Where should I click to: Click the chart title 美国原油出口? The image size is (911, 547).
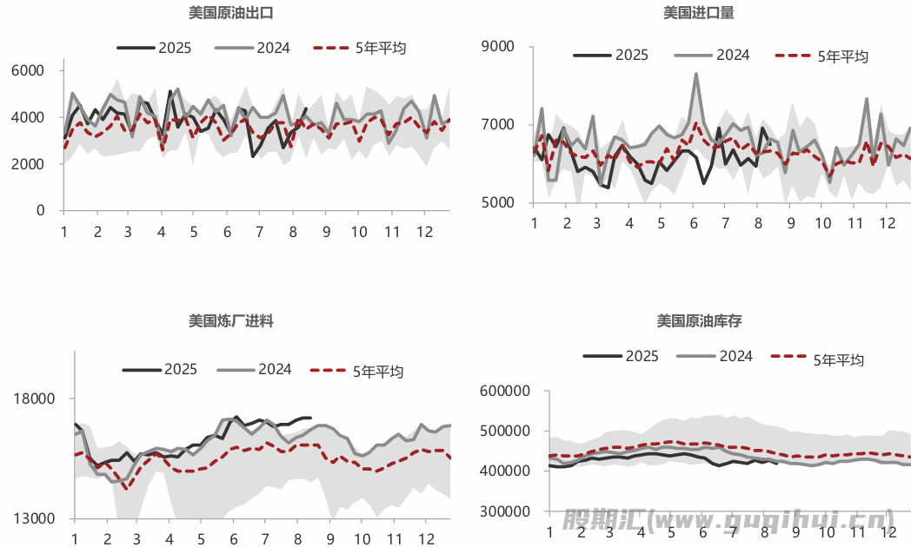pyautogui.click(x=232, y=13)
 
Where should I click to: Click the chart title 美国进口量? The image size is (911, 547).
pyautogui.click(x=700, y=13)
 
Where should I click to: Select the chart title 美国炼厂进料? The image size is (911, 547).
pyautogui.click(x=231, y=321)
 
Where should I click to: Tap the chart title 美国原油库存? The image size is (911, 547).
pyautogui.click(x=700, y=321)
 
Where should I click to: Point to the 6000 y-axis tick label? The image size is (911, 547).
pyautogui.click(x=31, y=70)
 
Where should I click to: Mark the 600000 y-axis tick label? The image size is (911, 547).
pyautogui.click(x=504, y=392)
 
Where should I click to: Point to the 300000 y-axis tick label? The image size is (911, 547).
pyautogui.click(x=504, y=512)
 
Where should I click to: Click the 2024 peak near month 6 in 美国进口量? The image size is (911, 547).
pyautogui.click(x=695, y=75)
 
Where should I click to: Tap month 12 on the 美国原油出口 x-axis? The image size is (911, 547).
pyautogui.click(x=424, y=232)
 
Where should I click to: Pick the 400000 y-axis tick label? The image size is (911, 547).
pyautogui.click(x=504, y=471)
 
